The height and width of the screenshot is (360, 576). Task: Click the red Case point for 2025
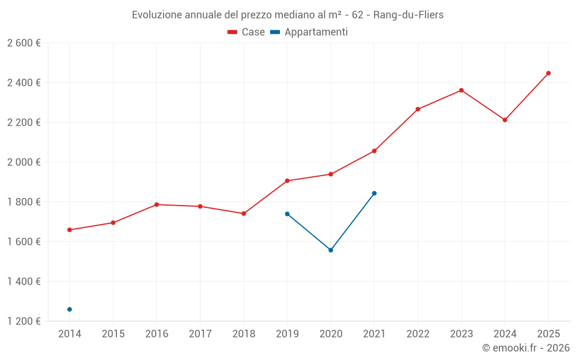pyautogui.click(x=548, y=73)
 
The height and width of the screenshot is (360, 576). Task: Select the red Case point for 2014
pyautogui.click(x=70, y=230)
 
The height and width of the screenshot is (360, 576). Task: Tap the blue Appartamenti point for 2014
pyautogui.click(x=70, y=309)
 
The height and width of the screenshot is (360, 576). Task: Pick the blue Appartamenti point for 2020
pyautogui.click(x=331, y=250)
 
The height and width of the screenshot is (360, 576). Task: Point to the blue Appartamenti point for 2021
pyautogui.click(x=374, y=194)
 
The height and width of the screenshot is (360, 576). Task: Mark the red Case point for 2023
pyautogui.click(x=461, y=90)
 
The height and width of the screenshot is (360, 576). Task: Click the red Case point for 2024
pyautogui.click(x=505, y=120)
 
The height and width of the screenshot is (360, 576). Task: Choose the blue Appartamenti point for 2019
pyautogui.click(x=287, y=214)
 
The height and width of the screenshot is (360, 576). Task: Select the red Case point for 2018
pyautogui.click(x=244, y=214)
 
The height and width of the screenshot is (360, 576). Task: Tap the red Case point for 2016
pyautogui.click(x=157, y=204)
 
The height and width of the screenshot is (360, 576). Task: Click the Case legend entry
pyautogui.click(x=247, y=32)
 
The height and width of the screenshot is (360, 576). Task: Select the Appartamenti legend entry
pyautogui.click(x=309, y=32)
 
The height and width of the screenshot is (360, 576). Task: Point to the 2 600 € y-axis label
pyautogui.click(x=24, y=43)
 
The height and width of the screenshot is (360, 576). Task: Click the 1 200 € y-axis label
pyautogui.click(x=24, y=321)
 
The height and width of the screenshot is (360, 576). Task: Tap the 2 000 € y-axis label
pyautogui.click(x=24, y=162)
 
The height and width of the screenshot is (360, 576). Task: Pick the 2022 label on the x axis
pyautogui.click(x=418, y=334)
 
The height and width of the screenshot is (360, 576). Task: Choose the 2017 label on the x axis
pyautogui.click(x=200, y=334)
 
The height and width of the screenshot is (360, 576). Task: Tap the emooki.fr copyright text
pyautogui.click(x=526, y=348)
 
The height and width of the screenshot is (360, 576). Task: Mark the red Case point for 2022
pyautogui.click(x=418, y=109)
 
